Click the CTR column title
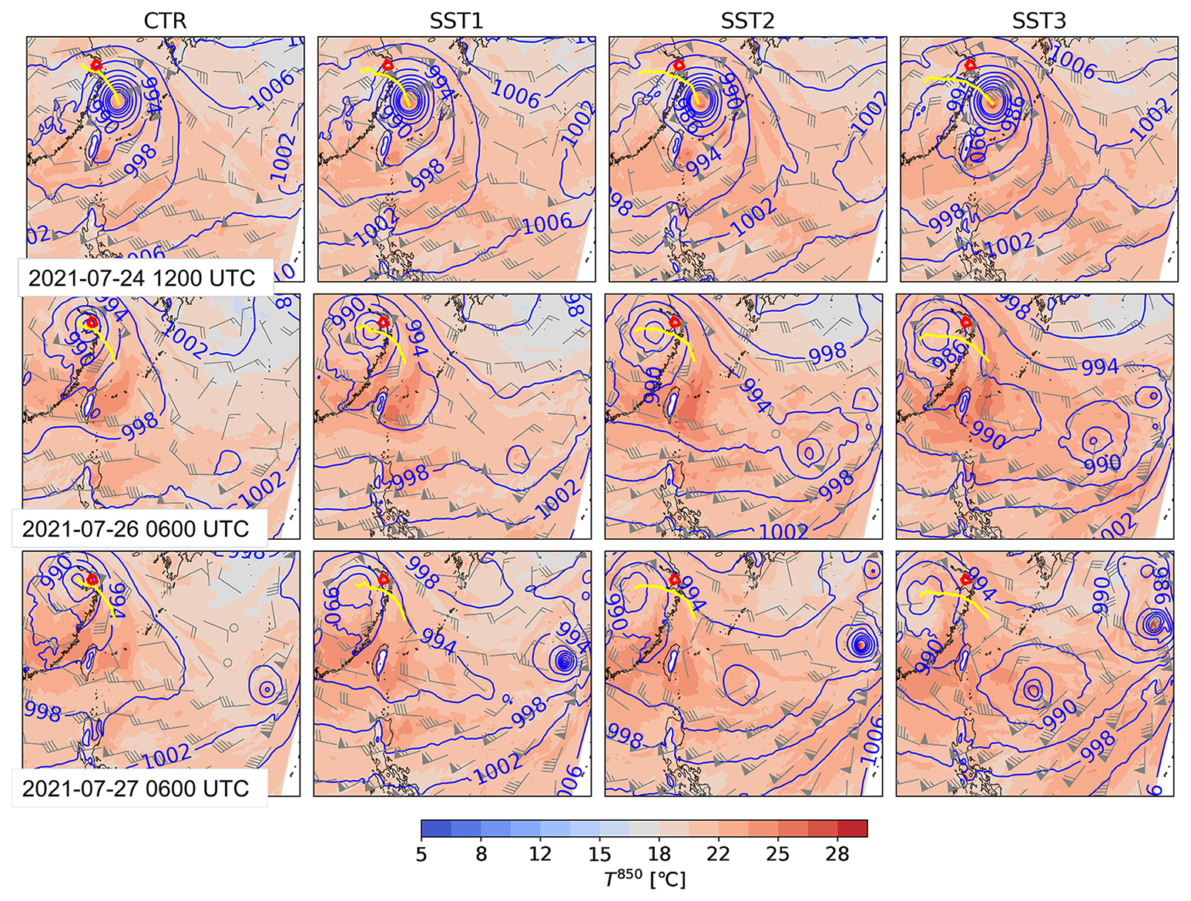pos(165,20)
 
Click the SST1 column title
pos(456,20)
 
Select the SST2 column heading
pos(747,20)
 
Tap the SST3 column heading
pos(1038,20)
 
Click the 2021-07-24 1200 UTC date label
pos(142,278)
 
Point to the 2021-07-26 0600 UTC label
pos(136,529)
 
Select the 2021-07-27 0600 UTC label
pos(136,789)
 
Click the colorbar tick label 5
pos(421,854)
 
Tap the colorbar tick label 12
pos(540,854)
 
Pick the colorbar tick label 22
pos(718,854)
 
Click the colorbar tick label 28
pos(837,854)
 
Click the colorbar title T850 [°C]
pos(645,879)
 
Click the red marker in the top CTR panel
pos(96,65)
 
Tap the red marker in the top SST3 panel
pos(971,65)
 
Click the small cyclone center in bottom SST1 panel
pos(565,660)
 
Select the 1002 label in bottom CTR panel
pos(167,755)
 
